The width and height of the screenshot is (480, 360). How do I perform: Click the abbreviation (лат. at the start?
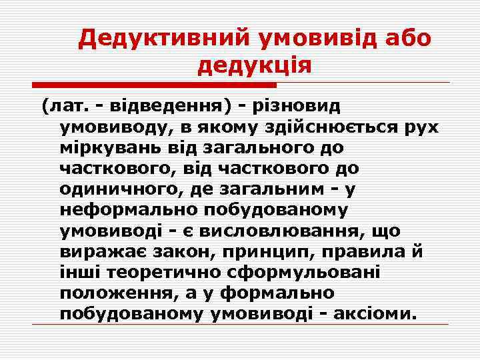pyautogui.click(x=64, y=106)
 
